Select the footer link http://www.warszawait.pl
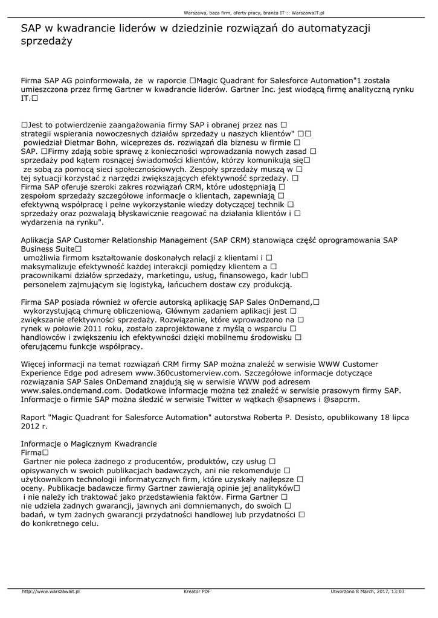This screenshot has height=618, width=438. pyautogui.click(x=51, y=591)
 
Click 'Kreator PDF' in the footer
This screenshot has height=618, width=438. pyautogui.click(x=197, y=591)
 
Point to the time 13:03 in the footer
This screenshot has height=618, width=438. pyautogui.click(x=397, y=591)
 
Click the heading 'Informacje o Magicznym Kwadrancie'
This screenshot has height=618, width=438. pyautogui.click(x=89, y=443)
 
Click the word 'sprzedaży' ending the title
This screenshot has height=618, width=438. pyautogui.click(x=47, y=42)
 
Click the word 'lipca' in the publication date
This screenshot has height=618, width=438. pyautogui.click(x=398, y=418)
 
